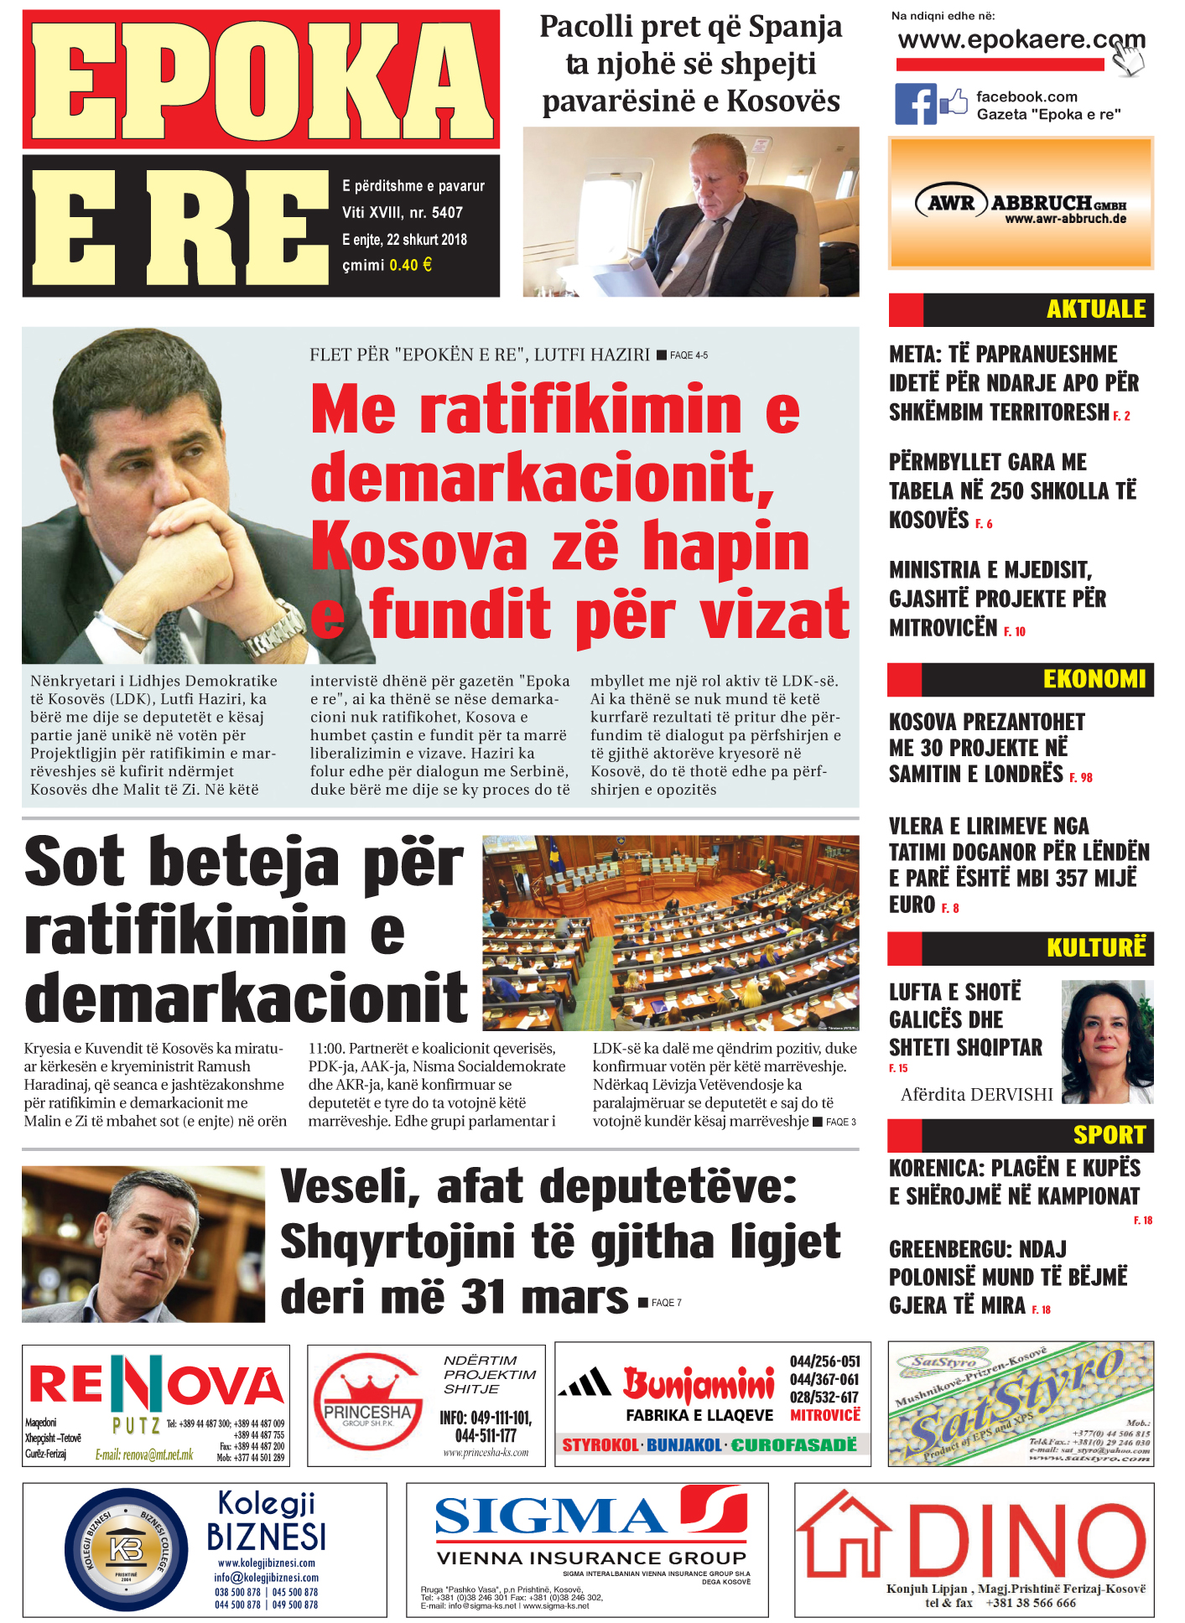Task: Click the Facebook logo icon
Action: point(915,105)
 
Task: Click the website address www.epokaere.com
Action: point(1020,39)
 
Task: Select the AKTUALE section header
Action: point(1095,309)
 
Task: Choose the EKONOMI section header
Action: point(1094,679)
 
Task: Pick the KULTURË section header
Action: point(1095,948)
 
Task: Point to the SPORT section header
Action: point(1109,1135)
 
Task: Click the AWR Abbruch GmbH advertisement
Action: point(1021,204)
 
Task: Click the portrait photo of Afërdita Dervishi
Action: point(1107,1041)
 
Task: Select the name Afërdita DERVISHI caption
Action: point(976,1094)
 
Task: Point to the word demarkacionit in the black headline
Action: point(246,998)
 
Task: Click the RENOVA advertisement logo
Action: point(156,1386)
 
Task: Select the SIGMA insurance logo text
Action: point(550,1517)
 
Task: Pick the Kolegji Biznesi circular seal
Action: point(126,1550)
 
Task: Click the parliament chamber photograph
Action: point(670,932)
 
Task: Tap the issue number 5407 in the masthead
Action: point(447,213)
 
